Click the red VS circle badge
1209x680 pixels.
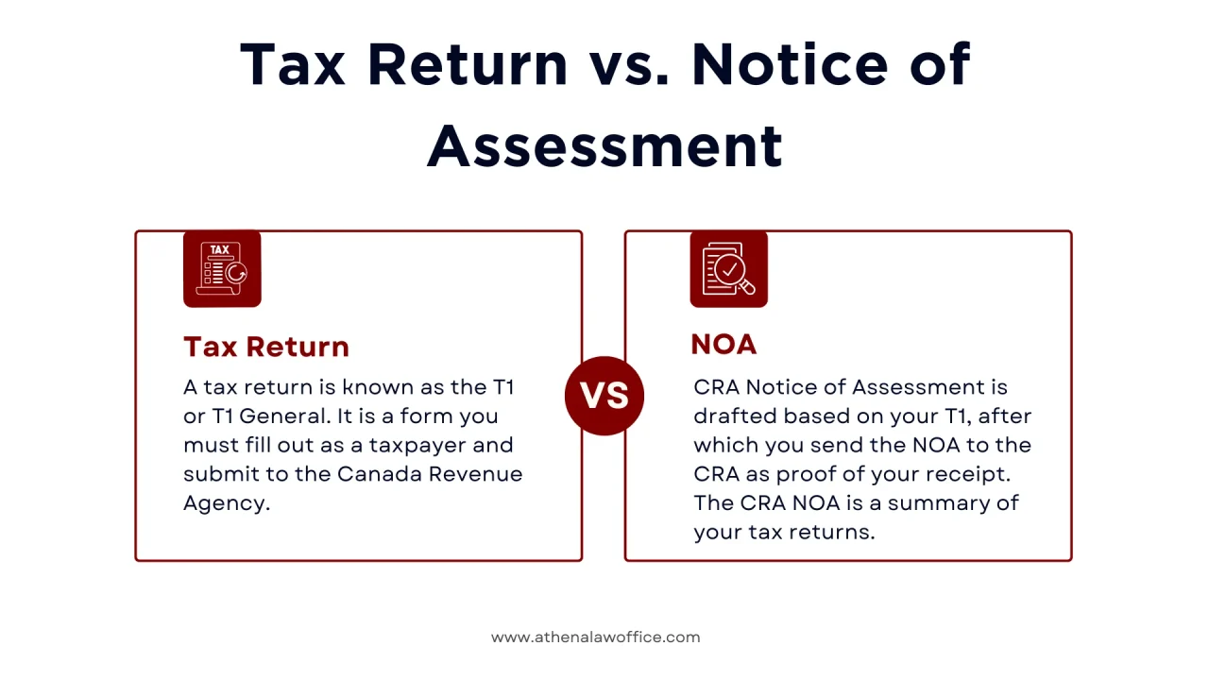pos(604,396)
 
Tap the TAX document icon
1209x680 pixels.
pos(222,269)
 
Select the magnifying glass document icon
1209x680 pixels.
pos(728,269)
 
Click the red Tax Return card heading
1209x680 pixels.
pos(266,347)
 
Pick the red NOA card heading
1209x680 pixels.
pos(724,345)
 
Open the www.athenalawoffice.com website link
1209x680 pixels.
pos(595,637)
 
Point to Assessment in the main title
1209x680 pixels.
pos(604,145)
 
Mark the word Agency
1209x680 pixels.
pos(226,503)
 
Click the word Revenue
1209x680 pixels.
pos(476,474)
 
